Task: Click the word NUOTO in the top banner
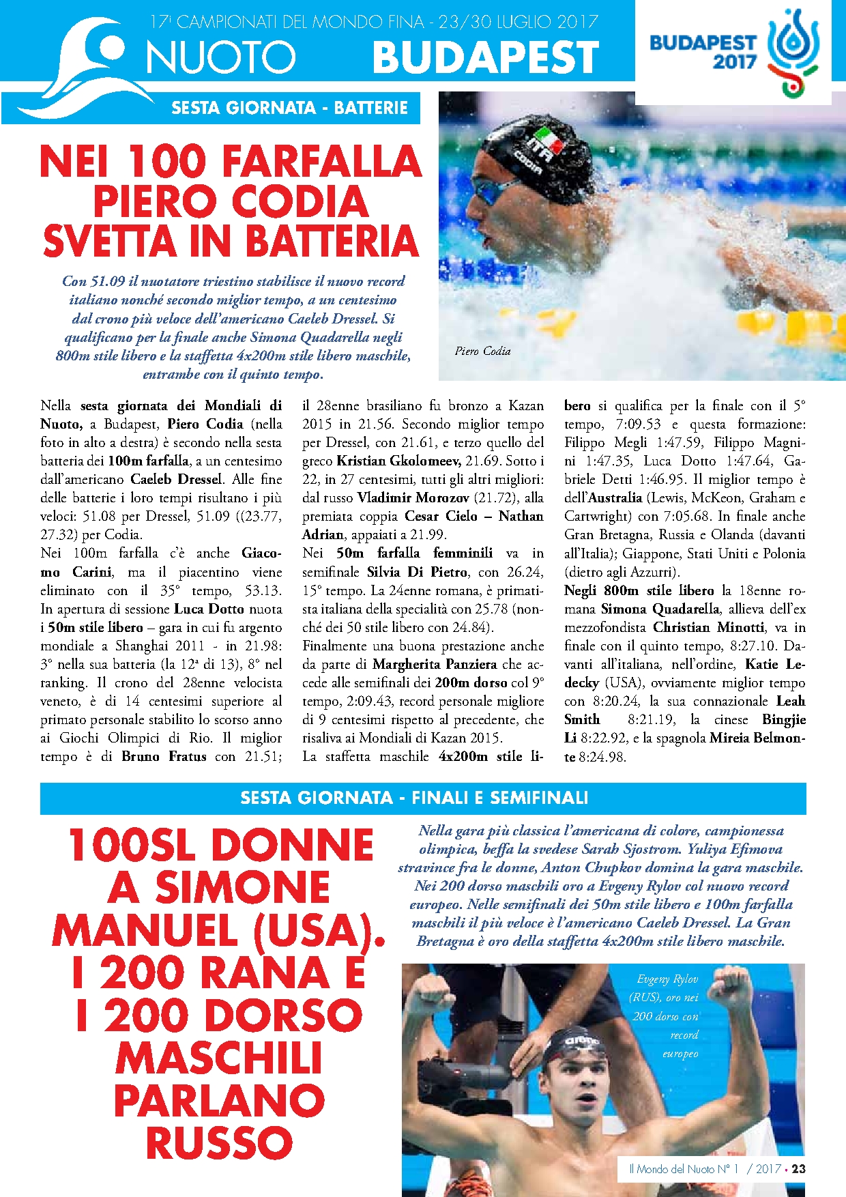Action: point(220,57)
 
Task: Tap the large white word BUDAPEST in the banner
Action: point(486,57)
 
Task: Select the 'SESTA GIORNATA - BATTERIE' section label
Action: point(289,108)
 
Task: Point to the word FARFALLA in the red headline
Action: point(322,162)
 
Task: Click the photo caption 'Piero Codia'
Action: point(482,351)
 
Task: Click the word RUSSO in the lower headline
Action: point(219,1142)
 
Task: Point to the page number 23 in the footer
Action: point(798,1168)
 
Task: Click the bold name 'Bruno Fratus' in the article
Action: point(164,756)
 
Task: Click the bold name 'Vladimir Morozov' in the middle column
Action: point(413,497)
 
